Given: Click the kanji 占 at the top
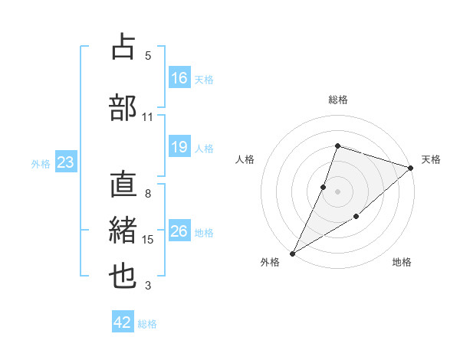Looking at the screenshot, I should (123, 47).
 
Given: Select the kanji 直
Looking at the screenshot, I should (123, 186).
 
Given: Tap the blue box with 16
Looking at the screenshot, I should (179, 78).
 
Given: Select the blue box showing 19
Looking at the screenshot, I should (179, 147).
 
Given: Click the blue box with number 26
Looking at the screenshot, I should (179, 231).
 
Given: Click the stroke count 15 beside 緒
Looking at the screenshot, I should (148, 240).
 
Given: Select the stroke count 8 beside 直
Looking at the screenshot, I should (148, 194).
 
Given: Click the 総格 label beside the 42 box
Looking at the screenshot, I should (147, 324).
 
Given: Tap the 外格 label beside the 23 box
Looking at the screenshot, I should (41, 163).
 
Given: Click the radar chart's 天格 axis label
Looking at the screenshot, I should (431, 159).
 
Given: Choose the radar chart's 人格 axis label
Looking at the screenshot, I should (245, 159).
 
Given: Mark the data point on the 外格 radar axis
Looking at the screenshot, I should (292, 253).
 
